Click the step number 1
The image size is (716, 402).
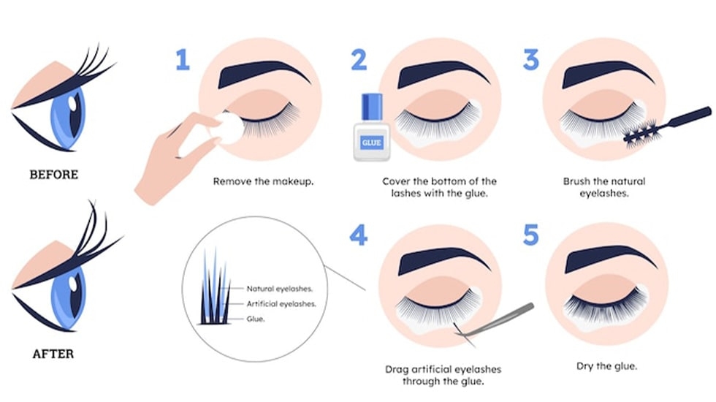[183, 60]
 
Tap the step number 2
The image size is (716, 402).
[359, 60]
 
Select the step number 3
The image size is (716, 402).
[531, 60]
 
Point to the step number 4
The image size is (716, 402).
[359, 235]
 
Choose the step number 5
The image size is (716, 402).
[531, 235]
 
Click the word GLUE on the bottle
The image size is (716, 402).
[371, 143]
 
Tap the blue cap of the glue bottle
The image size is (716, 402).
[372, 107]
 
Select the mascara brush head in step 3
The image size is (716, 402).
[641, 132]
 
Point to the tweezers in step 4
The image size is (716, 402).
[495, 323]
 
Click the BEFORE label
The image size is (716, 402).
[54, 175]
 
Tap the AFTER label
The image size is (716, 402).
[53, 354]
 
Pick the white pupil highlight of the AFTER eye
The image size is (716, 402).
[73, 284]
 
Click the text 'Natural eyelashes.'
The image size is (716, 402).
[279, 289]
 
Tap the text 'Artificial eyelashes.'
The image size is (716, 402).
[281, 304]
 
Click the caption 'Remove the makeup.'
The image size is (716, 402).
[264, 181]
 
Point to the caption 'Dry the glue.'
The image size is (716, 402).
[606, 366]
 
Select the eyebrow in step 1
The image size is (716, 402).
[264, 73]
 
